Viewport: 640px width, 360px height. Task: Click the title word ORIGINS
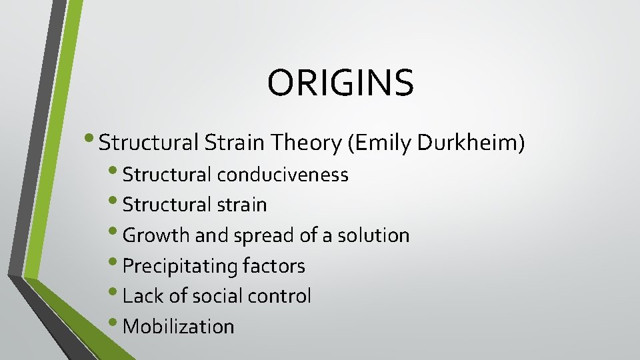tap(341, 83)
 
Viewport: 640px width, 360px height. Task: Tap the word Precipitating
tap(181, 267)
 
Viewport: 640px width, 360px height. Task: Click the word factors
tap(274, 267)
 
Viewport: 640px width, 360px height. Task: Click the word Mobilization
tap(179, 327)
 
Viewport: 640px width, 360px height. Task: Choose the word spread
tap(255, 235)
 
